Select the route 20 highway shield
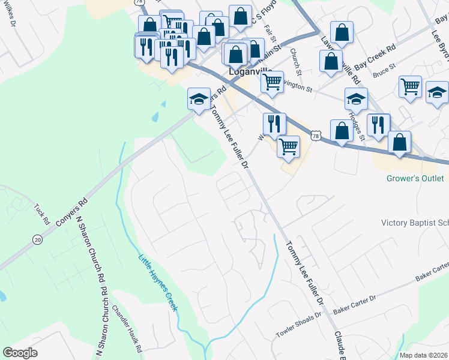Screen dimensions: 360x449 37,239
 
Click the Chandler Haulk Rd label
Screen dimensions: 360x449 127,328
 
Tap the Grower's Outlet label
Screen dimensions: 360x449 415,178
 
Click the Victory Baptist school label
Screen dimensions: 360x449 415,223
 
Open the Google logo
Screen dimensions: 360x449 20,353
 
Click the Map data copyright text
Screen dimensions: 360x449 423,355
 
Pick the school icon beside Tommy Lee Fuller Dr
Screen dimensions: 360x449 199,99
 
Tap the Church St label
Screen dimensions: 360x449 296,59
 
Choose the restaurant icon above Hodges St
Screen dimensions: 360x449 378,124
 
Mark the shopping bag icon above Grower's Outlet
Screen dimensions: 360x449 399,142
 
